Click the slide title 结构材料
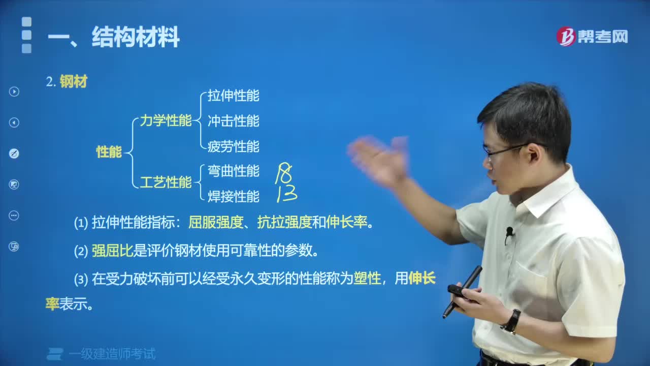pyautogui.click(x=135, y=38)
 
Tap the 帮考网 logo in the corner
pyautogui.click(x=592, y=36)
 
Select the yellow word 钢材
pyautogui.click(x=74, y=82)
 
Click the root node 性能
pyautogui.click(x=109, y=151)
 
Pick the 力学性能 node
pyautogui.click(x=166, y=121)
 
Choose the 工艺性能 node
pyautogui.click(x=166, y=182)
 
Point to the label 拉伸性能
pyautogui.click(x=233, y=96)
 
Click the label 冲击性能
pyautogui.click(x=233, y=121)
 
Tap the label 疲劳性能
pyautogui.click(x=233, y=146)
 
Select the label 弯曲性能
pyautogui.click(x=233, y=171)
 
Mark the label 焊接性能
pyautogui.click(x=233, y=196)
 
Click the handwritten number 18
pyautogui.click(x=283, y=174)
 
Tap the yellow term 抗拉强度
pyautogui.click(x=284, y=222)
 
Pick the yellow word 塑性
pyautogui.click(x=367, y=278)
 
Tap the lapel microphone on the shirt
pyautogui.click(x=509, y=233)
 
